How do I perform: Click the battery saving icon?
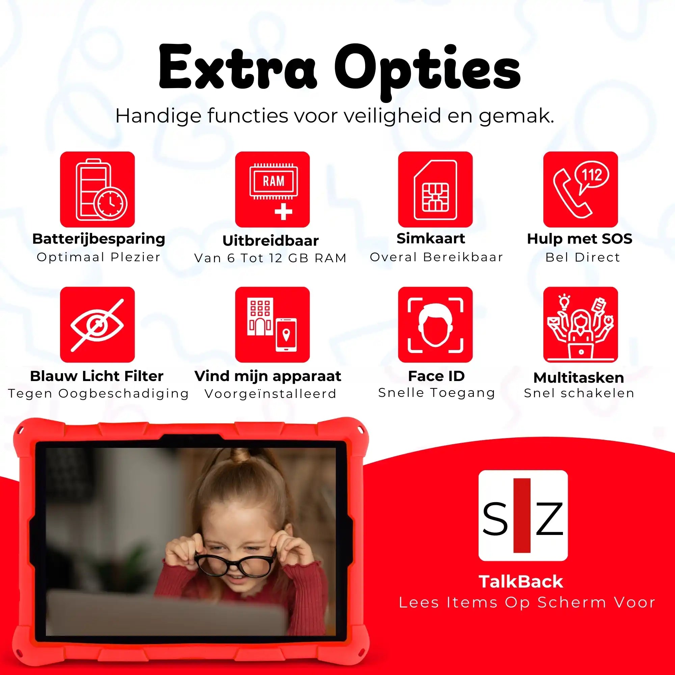(98, 189)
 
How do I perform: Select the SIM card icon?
(435, 189)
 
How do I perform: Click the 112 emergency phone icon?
(580, 189)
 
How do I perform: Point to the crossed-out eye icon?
(98, 325)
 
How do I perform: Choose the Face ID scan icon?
(435, 325)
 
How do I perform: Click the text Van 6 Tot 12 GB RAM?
(270, 258)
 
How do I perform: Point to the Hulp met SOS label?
(579, 239)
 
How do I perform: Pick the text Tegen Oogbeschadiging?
(98, 394)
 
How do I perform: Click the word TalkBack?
(521, 582)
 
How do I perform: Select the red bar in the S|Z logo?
(522, 516)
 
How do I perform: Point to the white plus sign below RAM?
(283, 211)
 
